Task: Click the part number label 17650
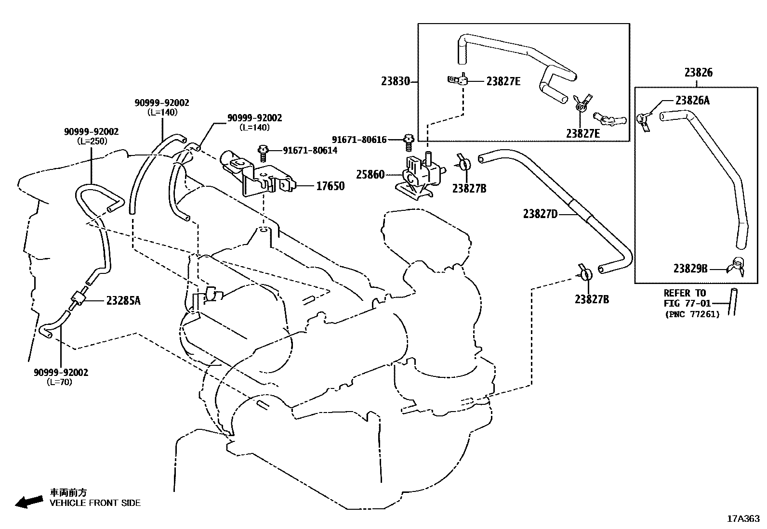point(330,186)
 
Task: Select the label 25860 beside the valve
point(370,174)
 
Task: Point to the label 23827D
point(540,214)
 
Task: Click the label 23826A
point(692,100)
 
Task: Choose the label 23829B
point(690,269)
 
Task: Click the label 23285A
point(123,301)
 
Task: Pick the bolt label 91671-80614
point(310,151)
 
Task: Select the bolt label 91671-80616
point(359,140)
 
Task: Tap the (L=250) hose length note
point(92,141)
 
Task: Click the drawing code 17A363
point(743,518)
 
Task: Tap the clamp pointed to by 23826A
point(643,119)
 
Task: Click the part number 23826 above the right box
point(698,73)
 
